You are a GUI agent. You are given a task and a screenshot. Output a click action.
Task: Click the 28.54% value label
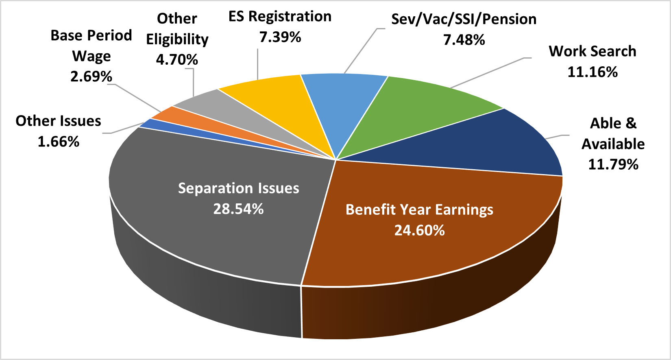(x=238, y=209)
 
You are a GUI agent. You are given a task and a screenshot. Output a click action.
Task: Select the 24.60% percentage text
(x=419, y=231)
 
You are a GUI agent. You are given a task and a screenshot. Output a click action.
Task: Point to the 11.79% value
(x=613, y=164)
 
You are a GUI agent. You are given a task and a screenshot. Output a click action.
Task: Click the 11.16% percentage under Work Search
(x=592, y=72)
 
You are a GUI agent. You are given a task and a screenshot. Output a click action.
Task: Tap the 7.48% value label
(x=464, y=40)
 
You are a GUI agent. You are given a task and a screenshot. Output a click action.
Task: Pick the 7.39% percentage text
(x=280, y=37)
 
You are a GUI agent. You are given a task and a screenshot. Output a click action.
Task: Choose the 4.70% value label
(x=177, y=60)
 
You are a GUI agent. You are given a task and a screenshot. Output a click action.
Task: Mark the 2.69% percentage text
(x=91, y=76)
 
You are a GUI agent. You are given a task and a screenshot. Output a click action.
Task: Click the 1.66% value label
(x=58, y=142)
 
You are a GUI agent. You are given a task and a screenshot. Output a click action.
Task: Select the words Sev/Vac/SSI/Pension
(x=464, y=19)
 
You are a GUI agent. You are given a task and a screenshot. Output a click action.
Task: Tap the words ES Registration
(x=280, y=17)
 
